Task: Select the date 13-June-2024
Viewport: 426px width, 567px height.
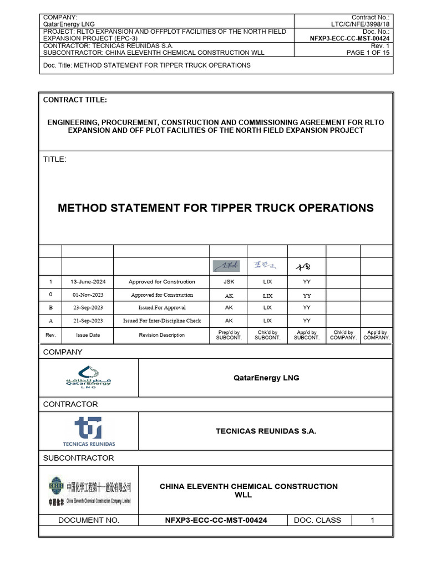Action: [x=88, y=282]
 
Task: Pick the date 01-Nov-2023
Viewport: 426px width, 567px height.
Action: [x=88, y=295]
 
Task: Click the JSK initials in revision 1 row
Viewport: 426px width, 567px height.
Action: [x=229, y=282]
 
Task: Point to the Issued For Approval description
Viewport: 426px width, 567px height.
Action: [x=162, y=307]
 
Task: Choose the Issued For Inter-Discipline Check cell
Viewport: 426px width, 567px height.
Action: [x=162, y=321]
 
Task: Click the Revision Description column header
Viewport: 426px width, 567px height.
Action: [x=162, y=335]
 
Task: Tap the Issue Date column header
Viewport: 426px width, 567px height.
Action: [x=88, y=335]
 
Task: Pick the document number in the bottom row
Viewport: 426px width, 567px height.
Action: [x=212, y=520]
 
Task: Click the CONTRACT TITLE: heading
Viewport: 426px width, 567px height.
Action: [x=75, y=100]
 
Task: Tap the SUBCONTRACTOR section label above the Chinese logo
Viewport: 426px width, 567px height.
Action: [x=78, y=458]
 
